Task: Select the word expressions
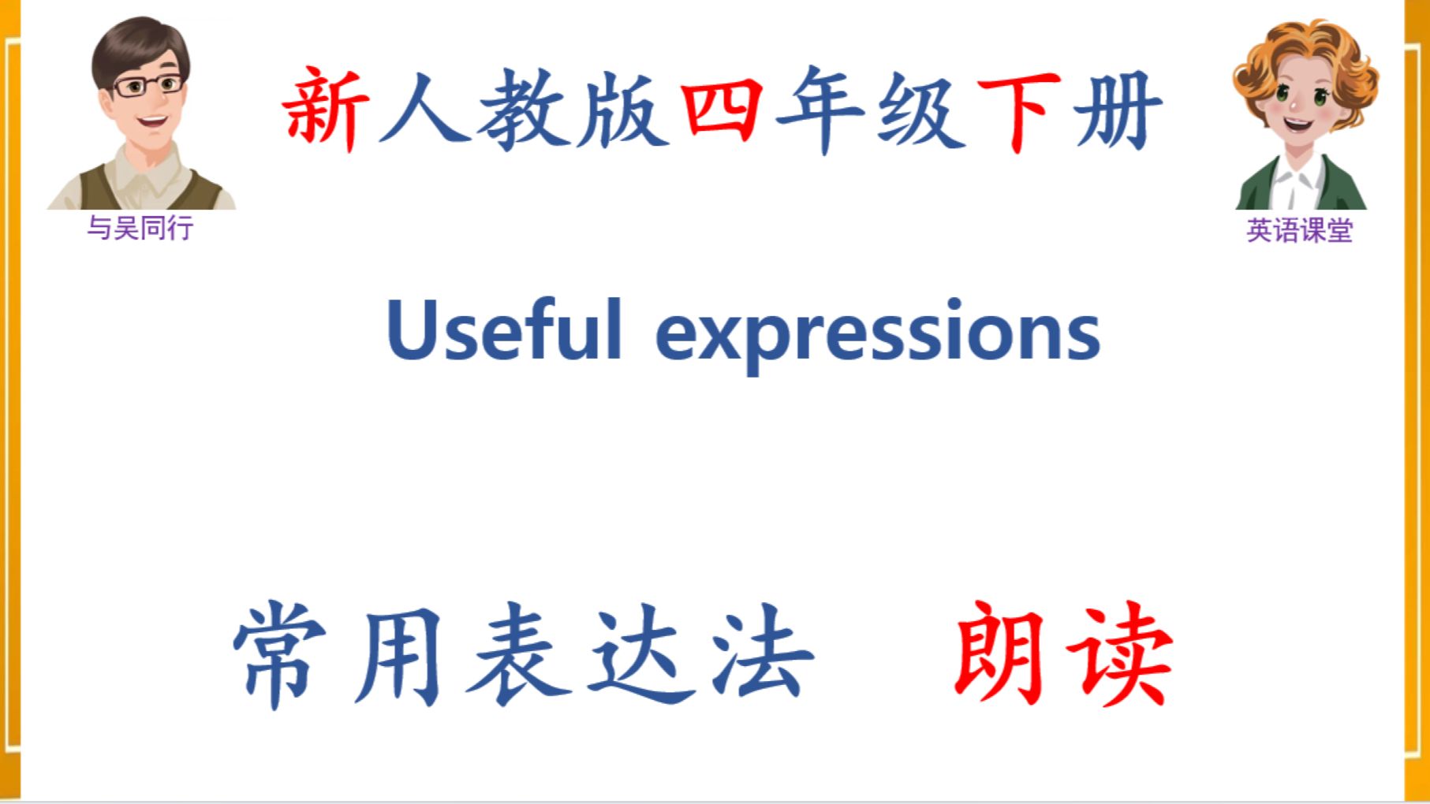click(x=878, y=334)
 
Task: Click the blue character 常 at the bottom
click(x=281, y=655)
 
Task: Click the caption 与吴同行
click(x=140, y=228)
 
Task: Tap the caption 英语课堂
click(x=1299, y=230)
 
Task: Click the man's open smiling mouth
click(x=153, y=122)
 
